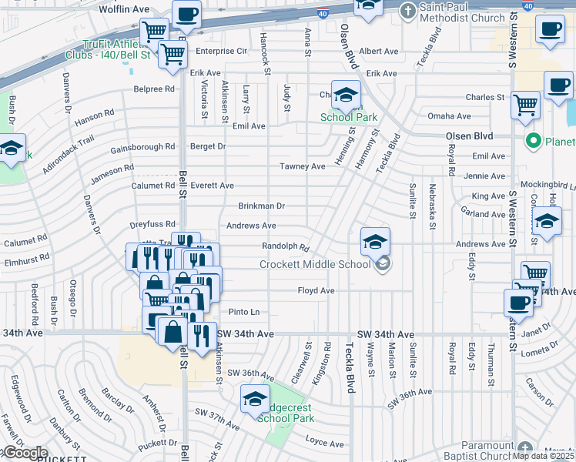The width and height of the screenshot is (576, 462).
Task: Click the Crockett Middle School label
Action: (315, 264)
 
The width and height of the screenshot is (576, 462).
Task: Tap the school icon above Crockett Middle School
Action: (374, 242)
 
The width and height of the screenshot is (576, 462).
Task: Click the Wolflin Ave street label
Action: (124, 9)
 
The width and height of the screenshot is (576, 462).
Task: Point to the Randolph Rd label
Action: (286, 248)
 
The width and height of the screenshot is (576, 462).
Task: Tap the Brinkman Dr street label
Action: (261, 206)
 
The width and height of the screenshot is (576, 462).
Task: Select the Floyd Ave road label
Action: (316, 290)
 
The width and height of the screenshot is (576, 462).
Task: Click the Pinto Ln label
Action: (243, 312)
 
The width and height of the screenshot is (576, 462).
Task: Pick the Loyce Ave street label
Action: (324, 444)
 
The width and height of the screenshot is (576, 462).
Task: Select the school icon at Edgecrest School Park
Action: (254, 399)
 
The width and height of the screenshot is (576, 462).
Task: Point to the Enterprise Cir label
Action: (221, 51)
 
